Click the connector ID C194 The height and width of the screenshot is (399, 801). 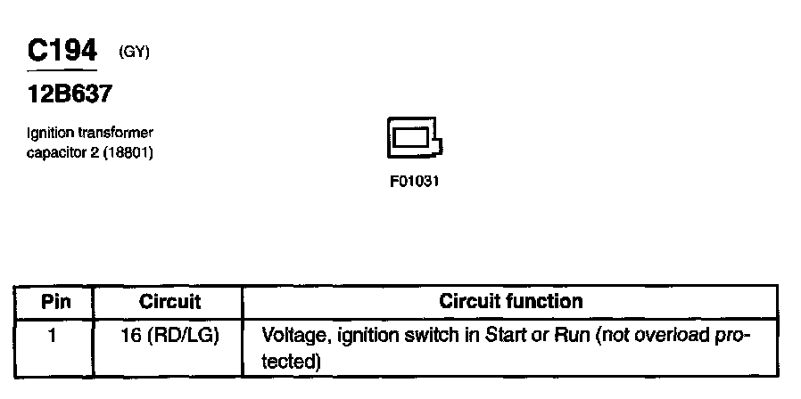click(62, 51)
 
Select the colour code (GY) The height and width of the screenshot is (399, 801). click(134, 53)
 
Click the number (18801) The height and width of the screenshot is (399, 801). click(128, 152)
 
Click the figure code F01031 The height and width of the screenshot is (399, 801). click(415, 181)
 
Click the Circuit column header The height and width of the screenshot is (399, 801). click(169, 301)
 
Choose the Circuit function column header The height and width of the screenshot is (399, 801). click(511, 301)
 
